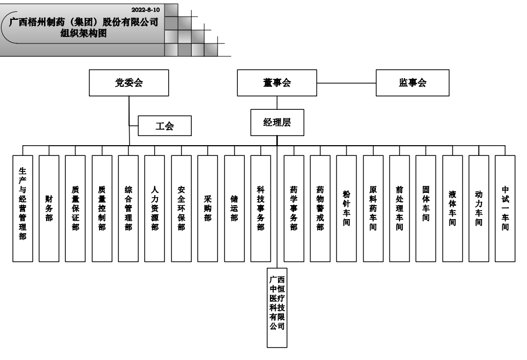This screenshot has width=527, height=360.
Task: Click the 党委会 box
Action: pyautogui.click(x=129, y=83)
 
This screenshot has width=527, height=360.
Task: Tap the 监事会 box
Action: pyautogui.click(x=412, y=83)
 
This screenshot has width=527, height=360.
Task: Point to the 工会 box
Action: pyautogui.click(x=165, y=126)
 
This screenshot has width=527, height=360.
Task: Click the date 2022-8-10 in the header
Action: pyautogui.click(x=145, y=10)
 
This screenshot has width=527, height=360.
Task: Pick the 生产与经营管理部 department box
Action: pyautogui.click(x=22, y=208)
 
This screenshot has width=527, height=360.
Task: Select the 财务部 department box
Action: pyautogui.click(x=49, y=208)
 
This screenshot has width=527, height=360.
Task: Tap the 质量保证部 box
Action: pyautogui.click(x=76, y=208)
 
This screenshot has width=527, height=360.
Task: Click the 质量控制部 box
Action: pyautogui.click(x=102, y=208)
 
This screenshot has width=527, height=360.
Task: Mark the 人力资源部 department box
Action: pyautogui.click(x=155, y=208)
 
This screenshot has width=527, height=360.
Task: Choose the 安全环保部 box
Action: pyautogui.click(x=181, y=208)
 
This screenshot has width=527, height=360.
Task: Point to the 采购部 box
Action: pyautogui.click(x=208, y=208)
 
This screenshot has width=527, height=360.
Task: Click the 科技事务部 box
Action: pyautogui.click(x=260, y=208)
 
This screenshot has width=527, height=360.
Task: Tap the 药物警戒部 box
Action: pyautogui.click(x=320, y=208)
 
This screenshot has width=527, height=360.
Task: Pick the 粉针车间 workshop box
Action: pyautogui.click(x=347, y=208)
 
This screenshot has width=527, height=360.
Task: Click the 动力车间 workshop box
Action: pyautogui.click(x=479, y=208)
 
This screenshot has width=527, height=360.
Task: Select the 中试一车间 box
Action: pyautogui.click(x=505, y=208)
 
